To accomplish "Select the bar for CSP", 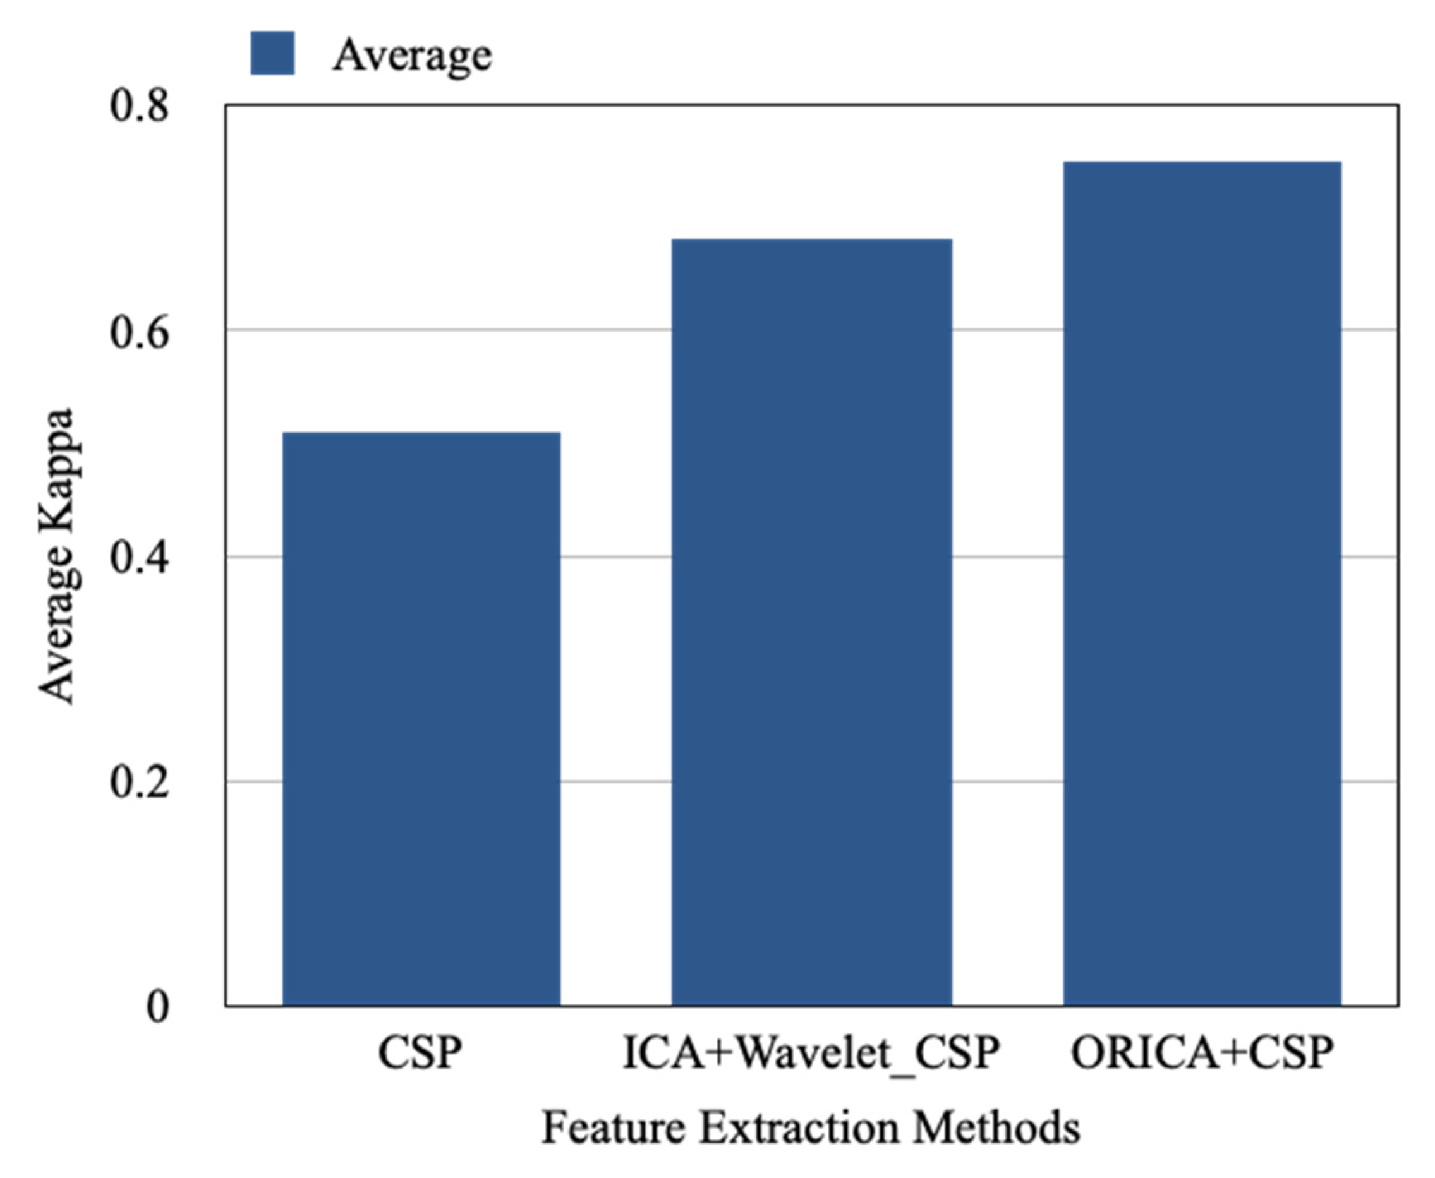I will (x=421, y=719).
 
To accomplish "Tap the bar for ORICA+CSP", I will (x=1201, y=584).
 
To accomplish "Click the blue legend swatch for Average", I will (x=272, y=53).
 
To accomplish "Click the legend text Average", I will (x=411, y=54).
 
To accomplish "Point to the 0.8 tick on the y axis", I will (x=138, y=106).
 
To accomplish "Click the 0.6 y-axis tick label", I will (x=138, y=332).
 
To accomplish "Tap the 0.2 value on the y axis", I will (x=138, y=782).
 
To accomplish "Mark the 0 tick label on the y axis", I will (x=157, y=1007).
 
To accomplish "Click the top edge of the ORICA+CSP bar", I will (x=1201, y=163).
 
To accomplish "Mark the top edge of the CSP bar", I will (x=421, y=433).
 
